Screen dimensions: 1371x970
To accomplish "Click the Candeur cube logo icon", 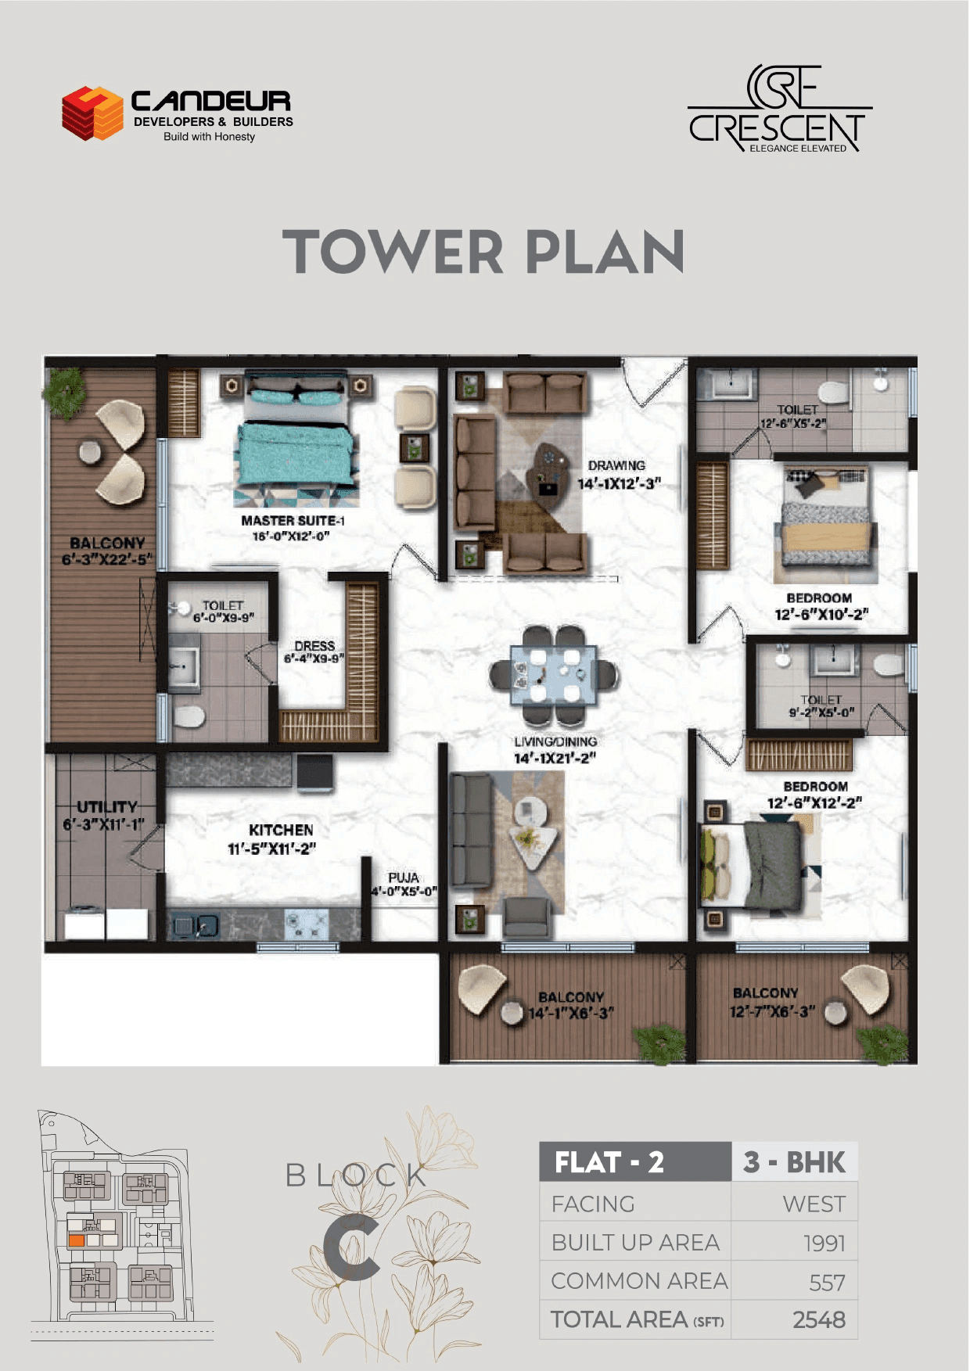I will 92,113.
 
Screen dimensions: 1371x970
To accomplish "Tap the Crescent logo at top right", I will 779,109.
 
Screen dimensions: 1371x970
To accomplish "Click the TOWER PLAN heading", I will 483,252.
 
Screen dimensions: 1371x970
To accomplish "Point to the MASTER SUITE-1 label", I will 293,520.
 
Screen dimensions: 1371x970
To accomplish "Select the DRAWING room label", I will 616,465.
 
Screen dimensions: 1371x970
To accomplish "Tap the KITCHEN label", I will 281,830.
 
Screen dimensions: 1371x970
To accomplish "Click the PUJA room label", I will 404,878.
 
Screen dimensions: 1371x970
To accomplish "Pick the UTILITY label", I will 107,806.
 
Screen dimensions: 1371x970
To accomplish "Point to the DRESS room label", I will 314,646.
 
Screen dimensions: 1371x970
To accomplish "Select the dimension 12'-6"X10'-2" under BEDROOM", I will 821,615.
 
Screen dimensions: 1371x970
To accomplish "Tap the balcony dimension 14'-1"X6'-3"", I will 571,1014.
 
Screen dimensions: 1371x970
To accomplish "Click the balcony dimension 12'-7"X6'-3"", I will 772,1011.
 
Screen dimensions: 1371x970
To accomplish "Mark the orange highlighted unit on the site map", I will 77,1240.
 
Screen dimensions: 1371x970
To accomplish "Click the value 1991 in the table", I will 824,1243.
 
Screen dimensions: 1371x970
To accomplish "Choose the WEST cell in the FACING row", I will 814,1204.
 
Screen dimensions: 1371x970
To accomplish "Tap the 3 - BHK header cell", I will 795,1162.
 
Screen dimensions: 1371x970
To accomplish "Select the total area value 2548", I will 818,1320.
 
